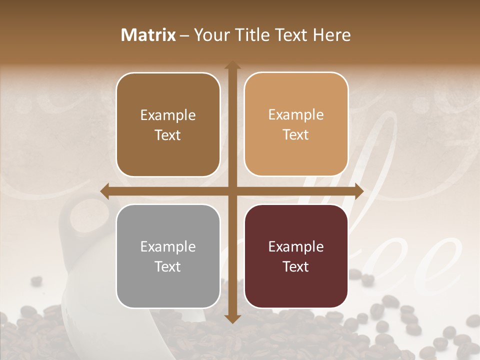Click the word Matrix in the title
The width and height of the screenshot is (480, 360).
pyautogui.click(x=148, y=35)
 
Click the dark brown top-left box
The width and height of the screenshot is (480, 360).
pyautogui.click(x=168, y=124)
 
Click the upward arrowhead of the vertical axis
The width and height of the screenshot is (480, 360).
pyautogui.click(x=232, y=66)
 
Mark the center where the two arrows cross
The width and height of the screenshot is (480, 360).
pyautogui.click(x=232, y=191)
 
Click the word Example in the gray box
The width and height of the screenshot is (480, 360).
pyautogui.click(x=168, y=247)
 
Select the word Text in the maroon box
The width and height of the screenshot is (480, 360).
pyautogui.click(x=296, y=266)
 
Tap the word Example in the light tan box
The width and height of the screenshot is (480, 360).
pyautogui.click(x=296, y=115)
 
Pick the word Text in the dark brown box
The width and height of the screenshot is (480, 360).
pyautogui.click(x=168, y=135)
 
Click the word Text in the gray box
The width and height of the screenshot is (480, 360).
pyautogui.click(x=168, y=266)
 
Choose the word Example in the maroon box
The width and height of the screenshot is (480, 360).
pyautogui.click(x=296, y=247)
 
